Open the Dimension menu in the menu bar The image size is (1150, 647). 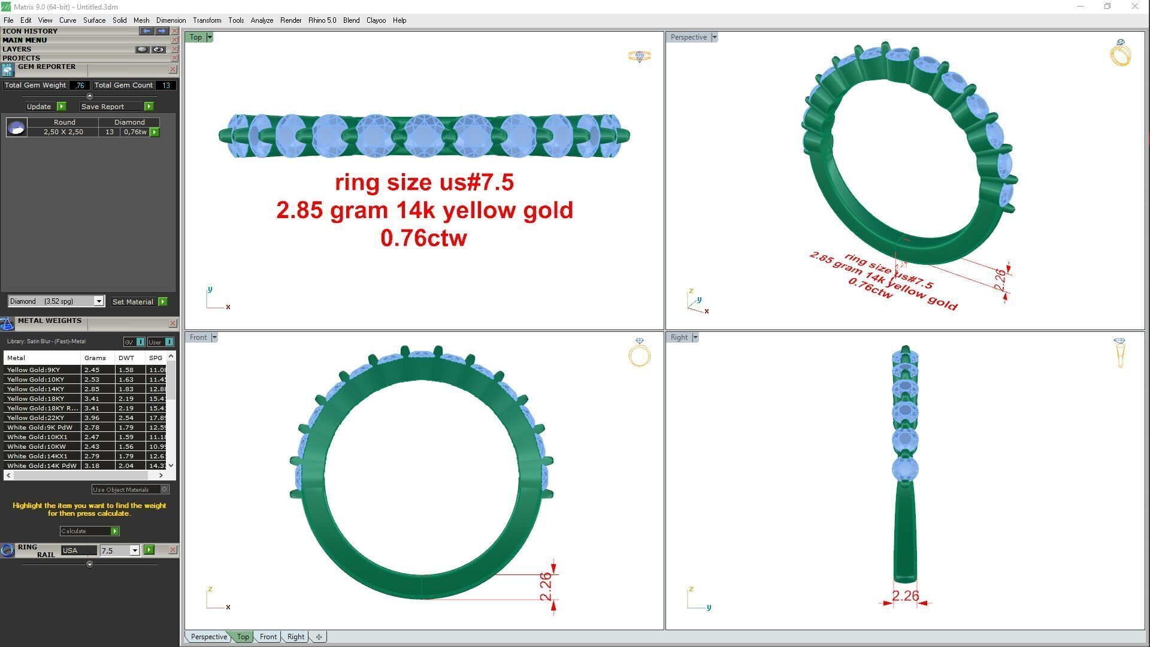[171, 20]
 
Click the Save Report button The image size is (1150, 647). [102, 107]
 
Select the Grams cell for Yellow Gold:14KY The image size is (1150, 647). [92, 389]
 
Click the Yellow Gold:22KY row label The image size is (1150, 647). [35, 418]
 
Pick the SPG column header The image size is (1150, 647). [155, 358]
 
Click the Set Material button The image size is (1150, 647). [133, 302]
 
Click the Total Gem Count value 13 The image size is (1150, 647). [166, 85]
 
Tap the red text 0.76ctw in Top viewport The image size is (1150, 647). [423, 238]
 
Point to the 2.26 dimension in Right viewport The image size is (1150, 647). [904, 596]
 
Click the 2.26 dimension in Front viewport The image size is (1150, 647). [546, 586]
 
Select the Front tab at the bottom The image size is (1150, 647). [268, 637]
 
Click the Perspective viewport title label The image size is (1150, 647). [688, 37]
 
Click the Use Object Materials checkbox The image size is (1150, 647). [165, 489]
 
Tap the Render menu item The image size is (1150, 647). [290, 20]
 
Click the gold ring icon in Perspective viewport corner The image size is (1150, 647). [1120, 53]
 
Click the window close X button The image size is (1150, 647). [1134, 7]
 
